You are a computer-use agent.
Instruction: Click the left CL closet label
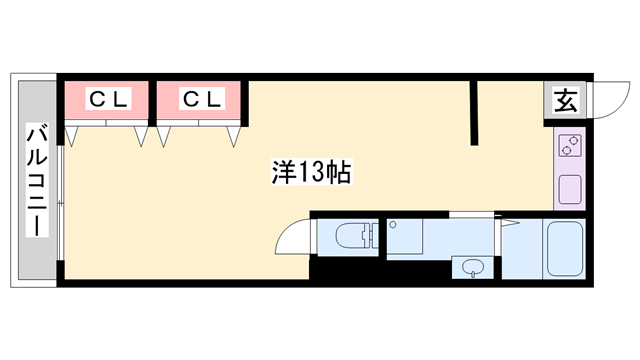pos(108,98)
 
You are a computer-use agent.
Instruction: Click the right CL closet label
pos(202,98)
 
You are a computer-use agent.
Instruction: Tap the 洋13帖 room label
pos(311,172)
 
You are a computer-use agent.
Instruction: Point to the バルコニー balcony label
pos(37,180)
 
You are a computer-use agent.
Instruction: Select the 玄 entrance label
pos(565,100)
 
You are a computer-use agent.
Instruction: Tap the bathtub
pos(565,249)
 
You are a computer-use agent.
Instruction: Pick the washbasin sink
pos(473,268)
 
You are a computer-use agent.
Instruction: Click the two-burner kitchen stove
pos(570,146)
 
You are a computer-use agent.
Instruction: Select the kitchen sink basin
pos(570,189)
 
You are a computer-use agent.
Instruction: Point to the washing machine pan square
pos(404,237)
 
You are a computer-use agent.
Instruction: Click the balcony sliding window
pos(61,202)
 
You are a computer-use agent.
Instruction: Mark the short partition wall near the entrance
pos(473,113)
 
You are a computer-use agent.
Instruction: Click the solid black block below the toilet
pos(380,270)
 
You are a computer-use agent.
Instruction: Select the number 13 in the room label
pos(312,172)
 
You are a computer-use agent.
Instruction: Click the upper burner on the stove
pos(573,141)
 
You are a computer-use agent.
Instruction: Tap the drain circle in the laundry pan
pos(393,224)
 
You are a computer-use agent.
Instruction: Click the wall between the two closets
pos(152,103)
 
